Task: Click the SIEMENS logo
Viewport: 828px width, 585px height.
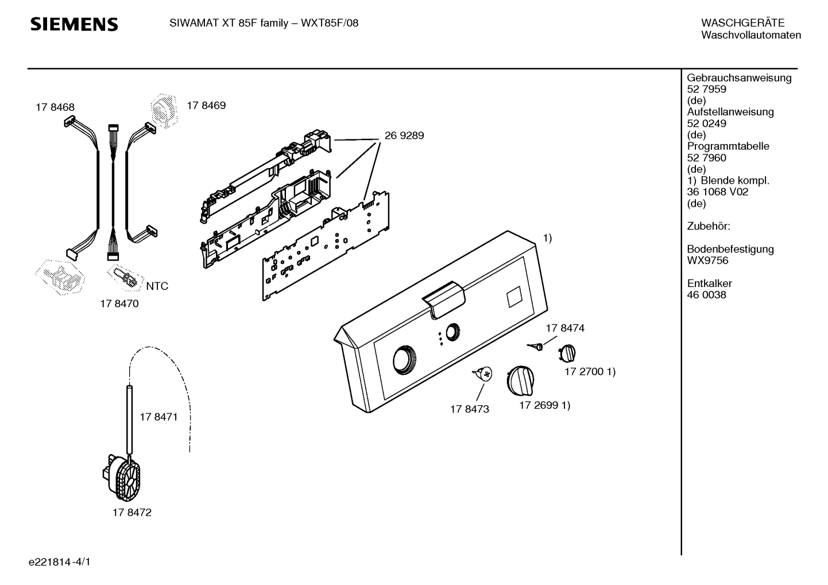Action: (74, 24)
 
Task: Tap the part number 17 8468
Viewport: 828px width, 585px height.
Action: (55, 107)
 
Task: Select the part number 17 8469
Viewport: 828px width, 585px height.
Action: (206, 105)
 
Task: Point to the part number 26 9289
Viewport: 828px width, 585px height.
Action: (404, 135)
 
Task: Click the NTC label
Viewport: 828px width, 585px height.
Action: (157, 286)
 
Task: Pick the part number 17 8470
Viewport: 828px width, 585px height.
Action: (119, 303)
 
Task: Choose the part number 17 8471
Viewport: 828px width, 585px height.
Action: (158, 417)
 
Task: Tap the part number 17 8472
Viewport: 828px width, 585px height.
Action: (132, 512)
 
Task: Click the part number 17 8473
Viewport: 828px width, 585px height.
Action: (470, 409)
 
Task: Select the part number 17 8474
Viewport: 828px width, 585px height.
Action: (565, 328)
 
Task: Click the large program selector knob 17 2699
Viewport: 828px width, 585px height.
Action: (520, 380)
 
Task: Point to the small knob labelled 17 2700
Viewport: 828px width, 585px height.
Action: (567, 353)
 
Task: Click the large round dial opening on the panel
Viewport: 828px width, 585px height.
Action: (404, 359)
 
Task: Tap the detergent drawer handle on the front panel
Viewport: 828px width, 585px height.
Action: (443, 299)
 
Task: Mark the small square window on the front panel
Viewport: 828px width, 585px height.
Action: (514, 296)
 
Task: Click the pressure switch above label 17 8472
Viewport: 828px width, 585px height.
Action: (122, 479)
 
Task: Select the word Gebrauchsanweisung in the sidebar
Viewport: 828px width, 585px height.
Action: (740, 78)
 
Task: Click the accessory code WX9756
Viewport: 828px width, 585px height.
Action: (707, 261)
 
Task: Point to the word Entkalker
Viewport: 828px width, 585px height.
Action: (709, 284)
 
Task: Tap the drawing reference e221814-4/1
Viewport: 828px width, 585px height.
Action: (60, 562)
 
